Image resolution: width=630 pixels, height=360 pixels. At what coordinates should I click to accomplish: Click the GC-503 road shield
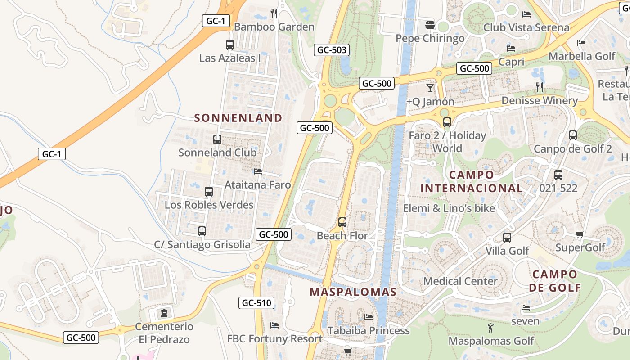click(332, 50)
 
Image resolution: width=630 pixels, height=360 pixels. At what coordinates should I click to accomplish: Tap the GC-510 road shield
click(256, 303)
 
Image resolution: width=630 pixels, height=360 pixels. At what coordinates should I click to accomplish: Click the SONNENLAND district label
click(238, 118)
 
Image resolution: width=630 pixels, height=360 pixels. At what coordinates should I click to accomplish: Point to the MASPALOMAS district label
click(353, 292)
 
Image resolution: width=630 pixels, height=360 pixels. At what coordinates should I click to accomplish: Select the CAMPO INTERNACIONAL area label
click(472, 181)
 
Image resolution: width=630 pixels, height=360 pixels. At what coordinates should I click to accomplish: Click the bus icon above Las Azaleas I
click(230, 45)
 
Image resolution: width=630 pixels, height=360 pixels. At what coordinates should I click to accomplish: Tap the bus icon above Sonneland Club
click(217, 139)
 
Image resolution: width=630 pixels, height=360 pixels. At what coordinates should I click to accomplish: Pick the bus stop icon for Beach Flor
click(342, 222)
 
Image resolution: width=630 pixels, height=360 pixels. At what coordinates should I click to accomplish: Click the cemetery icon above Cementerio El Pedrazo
click(164, 313)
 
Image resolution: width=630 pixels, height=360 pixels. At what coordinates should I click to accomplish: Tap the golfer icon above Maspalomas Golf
click(490, 328)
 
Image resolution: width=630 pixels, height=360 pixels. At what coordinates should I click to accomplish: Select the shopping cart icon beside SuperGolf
click(580, 234)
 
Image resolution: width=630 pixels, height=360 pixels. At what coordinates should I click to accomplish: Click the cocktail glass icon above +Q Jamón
click(430, 88)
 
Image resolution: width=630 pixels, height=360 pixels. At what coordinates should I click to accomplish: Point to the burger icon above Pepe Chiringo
click(430, 24)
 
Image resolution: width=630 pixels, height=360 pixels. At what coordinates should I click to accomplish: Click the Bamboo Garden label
click(274, 27)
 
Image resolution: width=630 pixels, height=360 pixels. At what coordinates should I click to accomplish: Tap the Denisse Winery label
click(540, 100)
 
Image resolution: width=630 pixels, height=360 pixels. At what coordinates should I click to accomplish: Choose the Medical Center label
click(460, 281)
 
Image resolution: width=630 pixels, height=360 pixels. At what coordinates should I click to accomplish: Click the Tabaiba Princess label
click(369, 331)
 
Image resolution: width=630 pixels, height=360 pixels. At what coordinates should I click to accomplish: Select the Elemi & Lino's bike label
click(449, 208)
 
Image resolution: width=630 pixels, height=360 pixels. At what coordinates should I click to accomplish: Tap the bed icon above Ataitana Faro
click(258, 171)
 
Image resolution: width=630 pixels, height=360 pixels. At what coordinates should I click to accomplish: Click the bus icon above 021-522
click(558, 175)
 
